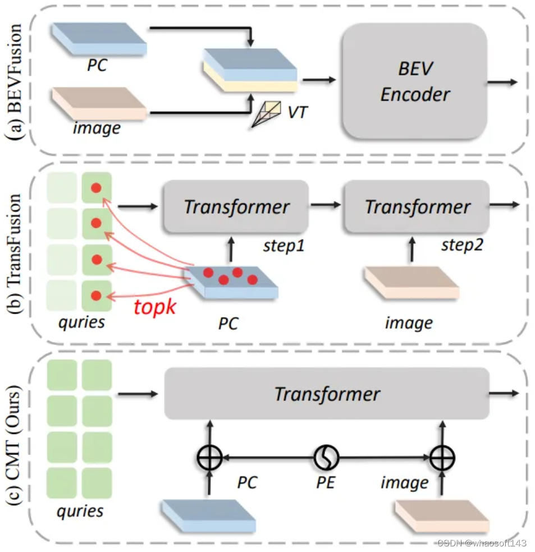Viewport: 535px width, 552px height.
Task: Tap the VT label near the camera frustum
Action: click(x=298, y=112)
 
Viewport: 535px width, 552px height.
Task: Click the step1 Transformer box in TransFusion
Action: click(x=236, y=207)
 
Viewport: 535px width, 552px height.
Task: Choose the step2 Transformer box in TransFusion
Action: click(x=417, y=207)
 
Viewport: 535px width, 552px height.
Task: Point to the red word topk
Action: click(x=154, y=306)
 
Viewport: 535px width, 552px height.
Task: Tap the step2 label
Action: click(x=461, y=245)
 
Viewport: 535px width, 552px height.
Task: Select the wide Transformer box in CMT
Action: click(x=327, y=394)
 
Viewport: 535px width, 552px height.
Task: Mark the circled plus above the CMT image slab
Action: click(x=441, y=458)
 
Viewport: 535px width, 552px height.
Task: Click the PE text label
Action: click(x=326, y=482)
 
